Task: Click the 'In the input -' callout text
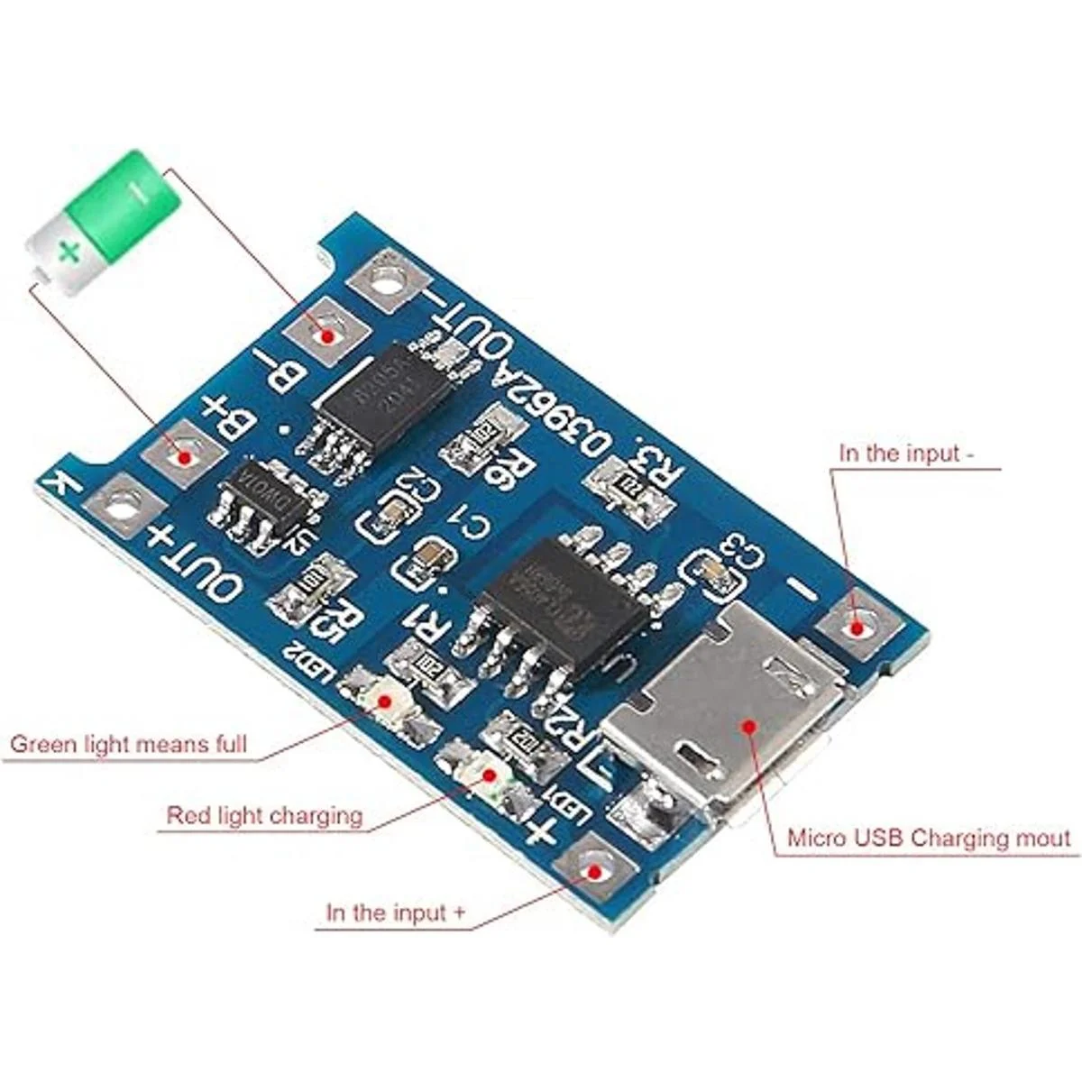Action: (x=906, y=453)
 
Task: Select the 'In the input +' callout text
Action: (x=396, y=912)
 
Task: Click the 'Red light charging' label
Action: (x=264, y=816)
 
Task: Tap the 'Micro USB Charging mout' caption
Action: (x=930, y=838)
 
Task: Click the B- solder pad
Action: (x=326, y=335)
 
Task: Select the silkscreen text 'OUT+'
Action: (x=194, y=564)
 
